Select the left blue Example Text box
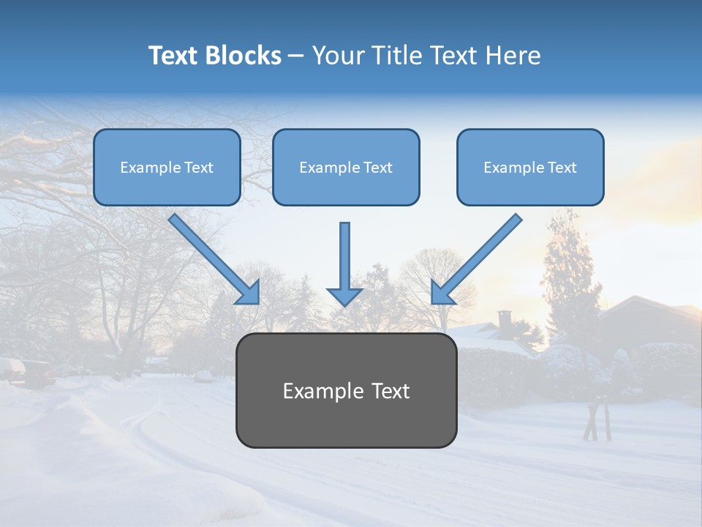click(x=167, y=168)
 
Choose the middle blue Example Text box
click(x=346, y=168)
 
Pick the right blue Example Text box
click(x=530, y=168)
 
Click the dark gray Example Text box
click(x=347, y=391)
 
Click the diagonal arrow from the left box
click(x=208, y=253)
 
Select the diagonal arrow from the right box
click(x=483, y=253)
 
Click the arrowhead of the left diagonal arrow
click(x=249, y=294)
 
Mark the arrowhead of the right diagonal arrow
click(x=442, y=293)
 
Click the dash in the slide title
click(x=296, y=56)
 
